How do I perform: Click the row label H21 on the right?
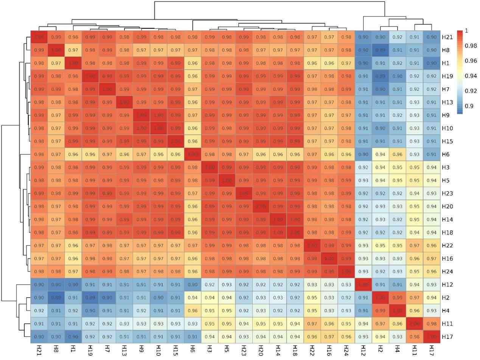pyautogui.click(x=446, y=37)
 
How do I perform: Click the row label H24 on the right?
pyautogui.click(x=446, y=272)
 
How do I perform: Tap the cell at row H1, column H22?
pyautogui.click(x=312, y=63)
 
